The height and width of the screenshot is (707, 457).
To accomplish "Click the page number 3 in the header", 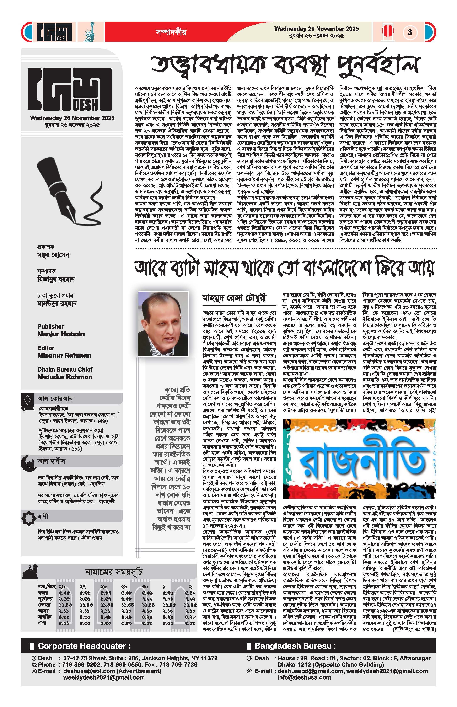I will click(410, 32).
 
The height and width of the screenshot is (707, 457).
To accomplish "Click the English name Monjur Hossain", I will click(61, 334).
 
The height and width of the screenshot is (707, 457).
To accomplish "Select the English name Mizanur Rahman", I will click(64, 355).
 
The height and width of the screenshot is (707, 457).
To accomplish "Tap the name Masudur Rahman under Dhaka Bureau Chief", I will click(65, 377).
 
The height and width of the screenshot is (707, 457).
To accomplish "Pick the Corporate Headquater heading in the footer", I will click(84, 646).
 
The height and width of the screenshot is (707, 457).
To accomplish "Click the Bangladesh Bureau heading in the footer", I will click(295, 646).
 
